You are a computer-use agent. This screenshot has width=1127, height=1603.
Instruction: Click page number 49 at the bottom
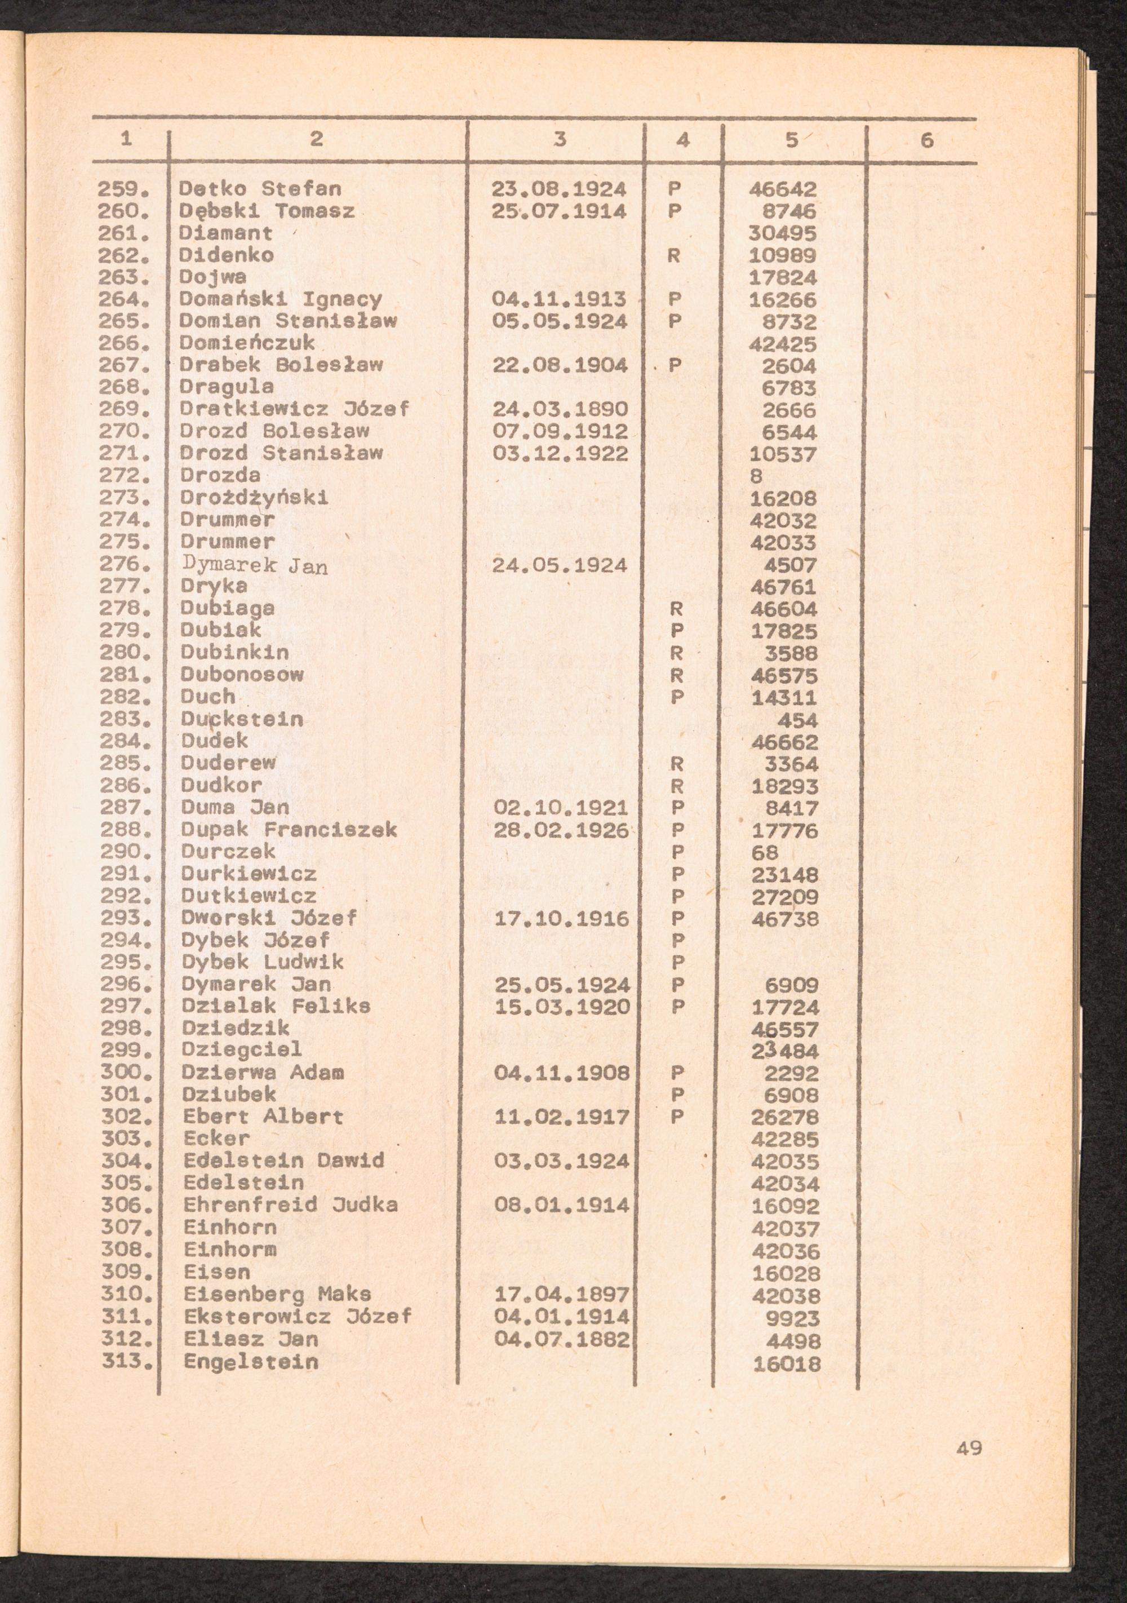[x=969, y=1448]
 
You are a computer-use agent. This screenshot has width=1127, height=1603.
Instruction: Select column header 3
[x=559, y=140]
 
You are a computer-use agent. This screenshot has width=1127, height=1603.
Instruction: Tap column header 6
[x=926, y=141]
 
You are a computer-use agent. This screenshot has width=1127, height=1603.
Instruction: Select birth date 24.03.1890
[x=560, y=409]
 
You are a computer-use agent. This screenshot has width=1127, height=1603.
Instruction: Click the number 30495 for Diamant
[x=782, y=233]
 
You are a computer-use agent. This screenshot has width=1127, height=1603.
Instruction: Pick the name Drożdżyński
[x=254, y=498]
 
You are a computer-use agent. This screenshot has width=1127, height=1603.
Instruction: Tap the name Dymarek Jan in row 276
[x=254, y=565]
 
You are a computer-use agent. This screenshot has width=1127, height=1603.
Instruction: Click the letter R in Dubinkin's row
[x=676, y=653]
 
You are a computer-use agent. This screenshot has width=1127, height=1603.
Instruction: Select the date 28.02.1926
[x=561, y=831]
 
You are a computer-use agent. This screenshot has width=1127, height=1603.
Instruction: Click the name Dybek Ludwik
[x=263, y=963]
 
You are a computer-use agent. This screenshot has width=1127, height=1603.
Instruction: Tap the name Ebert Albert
[x=263, y=1117]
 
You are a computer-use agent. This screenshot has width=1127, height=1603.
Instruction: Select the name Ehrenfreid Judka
[x=290, y=1206]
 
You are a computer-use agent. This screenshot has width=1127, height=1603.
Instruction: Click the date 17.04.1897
[x=562, y=1295]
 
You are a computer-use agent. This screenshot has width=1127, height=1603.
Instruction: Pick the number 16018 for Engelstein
[x=787, y=1362]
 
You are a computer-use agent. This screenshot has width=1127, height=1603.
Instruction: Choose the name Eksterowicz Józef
[x=298, y=1317]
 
